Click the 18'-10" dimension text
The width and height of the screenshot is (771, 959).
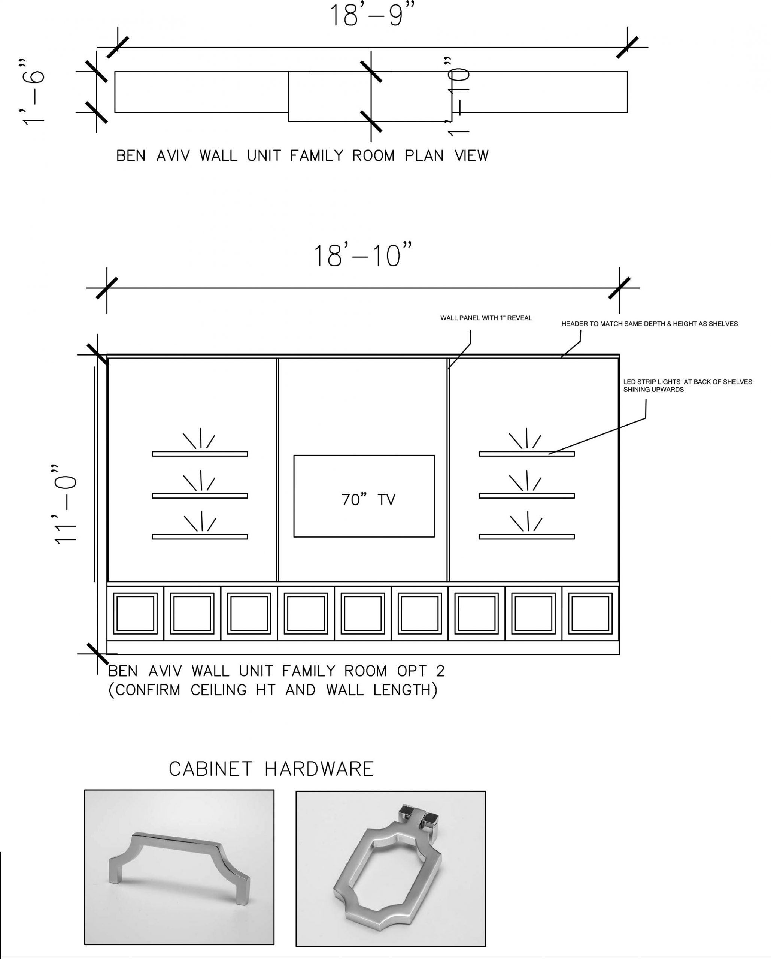tap(363, 255)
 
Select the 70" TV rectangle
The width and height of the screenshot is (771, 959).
tap(364, 496)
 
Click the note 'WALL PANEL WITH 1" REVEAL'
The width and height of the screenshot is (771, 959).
tap(486, 318)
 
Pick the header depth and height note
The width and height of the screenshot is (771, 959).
tap(649, 324)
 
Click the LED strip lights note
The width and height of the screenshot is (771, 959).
tap(687, 385)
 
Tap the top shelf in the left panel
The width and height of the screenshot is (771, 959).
tap(200, 454)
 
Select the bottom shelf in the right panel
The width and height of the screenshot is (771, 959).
tap(526, 537)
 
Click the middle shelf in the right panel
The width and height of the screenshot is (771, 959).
tap(526, 496)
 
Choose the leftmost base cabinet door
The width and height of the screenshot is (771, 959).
tap(135, 613)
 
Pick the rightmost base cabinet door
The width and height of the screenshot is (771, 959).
tap(591, 613)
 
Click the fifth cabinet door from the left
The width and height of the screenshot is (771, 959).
tap(363, 613)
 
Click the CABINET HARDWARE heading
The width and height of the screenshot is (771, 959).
tap(271, 769)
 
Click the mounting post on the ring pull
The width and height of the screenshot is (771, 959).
tap(419, 817)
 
